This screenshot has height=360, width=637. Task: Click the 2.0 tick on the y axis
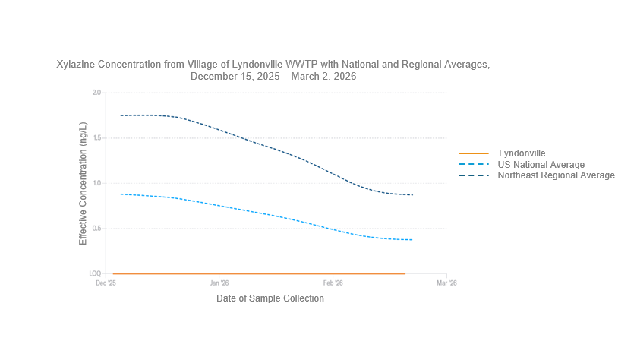96,93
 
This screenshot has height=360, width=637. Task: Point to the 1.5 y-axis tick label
96,138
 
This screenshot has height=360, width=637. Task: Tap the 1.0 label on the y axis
96,183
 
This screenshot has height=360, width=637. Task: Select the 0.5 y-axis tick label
96,229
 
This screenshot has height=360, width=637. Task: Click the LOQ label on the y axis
95,273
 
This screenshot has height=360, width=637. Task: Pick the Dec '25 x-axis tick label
106,283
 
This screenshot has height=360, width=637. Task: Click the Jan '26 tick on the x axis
219,283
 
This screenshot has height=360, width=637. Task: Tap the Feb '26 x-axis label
333,283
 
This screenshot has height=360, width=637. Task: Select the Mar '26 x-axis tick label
446,283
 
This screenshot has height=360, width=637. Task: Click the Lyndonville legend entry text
522,153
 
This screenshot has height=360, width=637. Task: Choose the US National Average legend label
541,165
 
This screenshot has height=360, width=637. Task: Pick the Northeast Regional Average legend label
556,175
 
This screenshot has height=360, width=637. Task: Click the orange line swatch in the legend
474,153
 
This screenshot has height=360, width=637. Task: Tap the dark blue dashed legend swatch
474,175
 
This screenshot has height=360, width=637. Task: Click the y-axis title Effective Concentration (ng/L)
84,183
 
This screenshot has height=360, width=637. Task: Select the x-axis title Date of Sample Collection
270,298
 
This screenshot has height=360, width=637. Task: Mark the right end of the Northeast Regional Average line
412,195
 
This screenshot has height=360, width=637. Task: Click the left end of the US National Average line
121,194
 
